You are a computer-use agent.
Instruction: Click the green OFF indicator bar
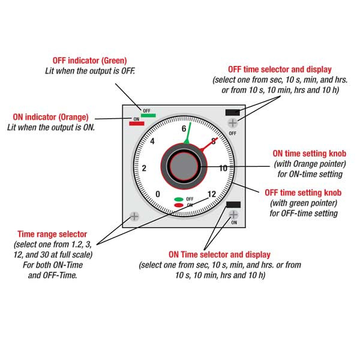(x=148, y=115)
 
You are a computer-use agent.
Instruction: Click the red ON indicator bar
(x=137, y=124)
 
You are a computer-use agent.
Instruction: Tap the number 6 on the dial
(x=184, y=129)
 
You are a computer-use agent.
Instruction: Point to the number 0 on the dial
(x=158, y=194)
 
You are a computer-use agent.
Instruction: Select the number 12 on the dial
(x=211, y=194)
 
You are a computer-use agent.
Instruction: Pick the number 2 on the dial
(x=143, y=168)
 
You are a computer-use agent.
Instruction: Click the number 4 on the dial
(x=152, y=142)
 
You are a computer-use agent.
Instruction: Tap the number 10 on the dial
(x=223, y=168)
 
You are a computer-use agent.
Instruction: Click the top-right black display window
(x=232, y=112)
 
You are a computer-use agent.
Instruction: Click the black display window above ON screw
(x=233, y=205)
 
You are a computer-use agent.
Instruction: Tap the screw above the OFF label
(x=233, y=122)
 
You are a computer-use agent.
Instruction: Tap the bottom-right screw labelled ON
(x=233, y=215)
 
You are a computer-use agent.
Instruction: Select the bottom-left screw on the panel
(x=134, y=215)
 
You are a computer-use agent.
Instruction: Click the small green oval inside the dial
(x=179, y=199)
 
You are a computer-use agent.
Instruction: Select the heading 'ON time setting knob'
(x=308, y=153)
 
